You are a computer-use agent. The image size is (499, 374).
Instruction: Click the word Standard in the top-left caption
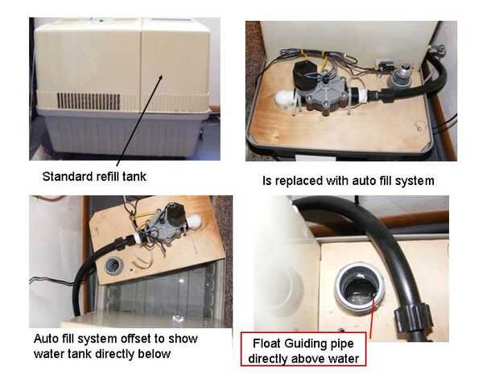tap(64, 176)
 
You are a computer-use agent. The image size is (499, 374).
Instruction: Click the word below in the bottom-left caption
tap(154, 354)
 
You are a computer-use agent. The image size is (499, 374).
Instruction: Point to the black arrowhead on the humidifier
tap(161, 77)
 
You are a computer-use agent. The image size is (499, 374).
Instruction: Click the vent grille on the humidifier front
tap(89, 101)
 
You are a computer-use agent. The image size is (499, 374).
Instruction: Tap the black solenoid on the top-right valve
tap(304, 76)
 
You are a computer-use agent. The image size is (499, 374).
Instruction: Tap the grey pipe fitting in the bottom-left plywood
tap(113, 266)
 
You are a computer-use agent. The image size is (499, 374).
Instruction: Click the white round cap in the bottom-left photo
tap(194, 221)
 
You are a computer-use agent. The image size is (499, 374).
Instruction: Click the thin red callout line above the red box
tap(373, 315)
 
